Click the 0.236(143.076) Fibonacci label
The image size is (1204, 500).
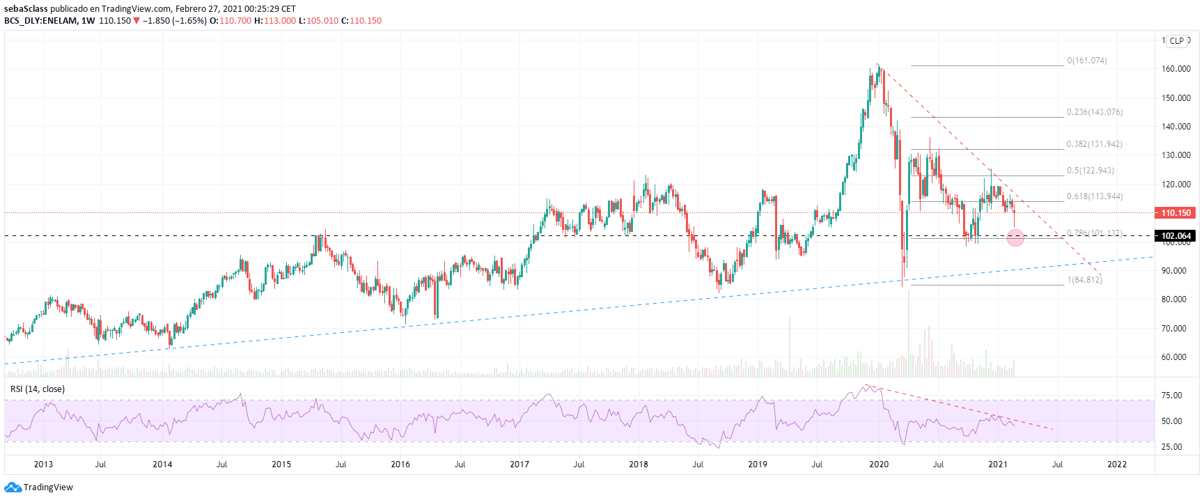[1095, 112]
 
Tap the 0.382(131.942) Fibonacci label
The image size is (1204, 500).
[1095, 144]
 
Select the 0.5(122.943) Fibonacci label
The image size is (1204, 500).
[1090, 171]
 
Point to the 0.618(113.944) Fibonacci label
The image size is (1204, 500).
[1095, 196]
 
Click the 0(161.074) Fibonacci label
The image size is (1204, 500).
[1087, 61]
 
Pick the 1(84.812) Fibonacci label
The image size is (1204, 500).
[1085, 280]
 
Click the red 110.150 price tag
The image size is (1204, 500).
[1175, 213]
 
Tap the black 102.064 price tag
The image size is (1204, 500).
[1175, 236]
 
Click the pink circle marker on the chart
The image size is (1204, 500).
[1015, 237]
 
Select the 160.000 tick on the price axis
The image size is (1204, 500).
[1175, 69]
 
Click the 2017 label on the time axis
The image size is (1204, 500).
[519, 464]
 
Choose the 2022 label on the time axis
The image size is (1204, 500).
[1117, 464]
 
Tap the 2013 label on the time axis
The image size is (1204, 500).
[43, 464]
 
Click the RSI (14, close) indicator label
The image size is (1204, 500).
[38, 389]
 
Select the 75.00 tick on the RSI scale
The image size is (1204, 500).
[1172, 396]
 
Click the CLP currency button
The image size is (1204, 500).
[1177, 41]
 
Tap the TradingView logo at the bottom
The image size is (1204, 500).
[39, 487]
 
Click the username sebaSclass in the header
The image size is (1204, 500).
[26, 9]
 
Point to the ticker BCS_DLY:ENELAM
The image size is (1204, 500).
[40, 21]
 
